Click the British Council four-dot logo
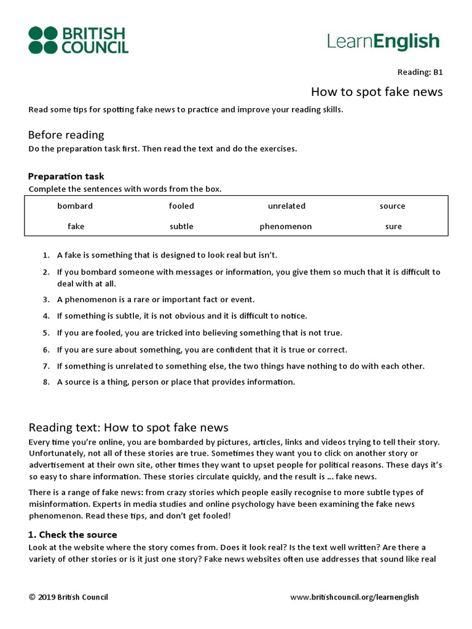click(x=42, y=40)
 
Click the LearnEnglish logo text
click(x=383, y=42)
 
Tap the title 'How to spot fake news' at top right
click(x=376, y=92)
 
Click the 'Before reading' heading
click(x=66, y=135)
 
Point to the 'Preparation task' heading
click(x=66, y=176)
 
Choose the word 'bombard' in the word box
click(x=75, y=206)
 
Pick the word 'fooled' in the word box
click(x=181, y=206)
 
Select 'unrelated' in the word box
click(x=286, y=206)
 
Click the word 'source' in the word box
click(x=392, y=206)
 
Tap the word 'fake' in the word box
click(x=76, y=227)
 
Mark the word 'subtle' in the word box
click(x=181, y=227)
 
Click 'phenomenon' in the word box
click(x=286, y=227)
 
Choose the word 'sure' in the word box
click(x=393, y=227)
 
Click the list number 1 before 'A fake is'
click(x=45, y=255)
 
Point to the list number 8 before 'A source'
click(x=45, y=382)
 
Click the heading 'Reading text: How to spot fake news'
click(x=128, y=428)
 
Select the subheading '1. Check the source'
click(x=73, y=534)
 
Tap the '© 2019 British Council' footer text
click(x=68, y=597)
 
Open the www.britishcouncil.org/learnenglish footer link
click(x=354, y=597)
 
